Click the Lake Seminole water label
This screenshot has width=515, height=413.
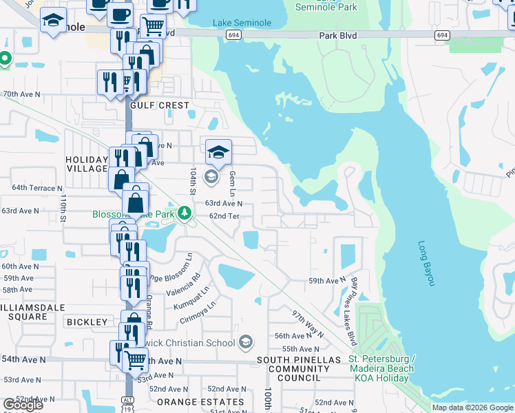coord(242,23)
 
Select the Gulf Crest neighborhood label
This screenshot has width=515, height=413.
coord(159,105)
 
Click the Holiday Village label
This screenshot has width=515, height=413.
coord(86,165)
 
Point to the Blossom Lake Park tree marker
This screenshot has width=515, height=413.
coord(184,213)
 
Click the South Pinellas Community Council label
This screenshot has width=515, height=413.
coord(299,369)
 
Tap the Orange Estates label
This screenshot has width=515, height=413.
coord(200,402)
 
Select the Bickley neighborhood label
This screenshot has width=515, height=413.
coord(87,322)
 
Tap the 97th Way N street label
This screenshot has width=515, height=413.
coord(308,322)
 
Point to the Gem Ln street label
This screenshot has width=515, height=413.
coord(233,183)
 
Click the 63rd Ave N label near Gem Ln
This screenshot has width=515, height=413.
coord(224,204)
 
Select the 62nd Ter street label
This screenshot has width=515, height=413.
coord(224,216)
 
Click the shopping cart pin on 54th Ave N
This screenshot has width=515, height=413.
coord(136,358)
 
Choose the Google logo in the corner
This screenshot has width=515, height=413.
coord(22,405)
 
